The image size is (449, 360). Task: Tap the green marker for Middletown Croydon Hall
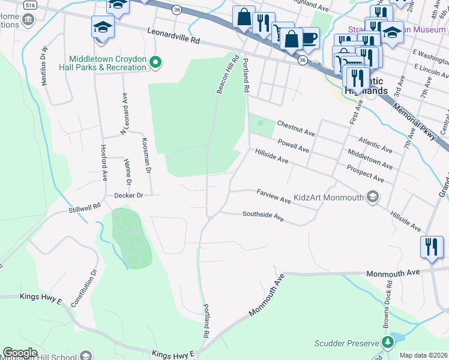coord(155,62)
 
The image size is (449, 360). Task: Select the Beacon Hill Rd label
coord(228,74)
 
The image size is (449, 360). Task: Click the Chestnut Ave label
coord(296,127)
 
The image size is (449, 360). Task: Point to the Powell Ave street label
coord(294,145)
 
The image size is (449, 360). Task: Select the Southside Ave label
coord(263,217)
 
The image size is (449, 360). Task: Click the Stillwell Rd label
coord(85,208)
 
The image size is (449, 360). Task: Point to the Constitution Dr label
coord(83,287)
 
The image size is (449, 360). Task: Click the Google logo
coord(20,353)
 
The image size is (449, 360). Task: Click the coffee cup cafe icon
coord(309,38)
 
